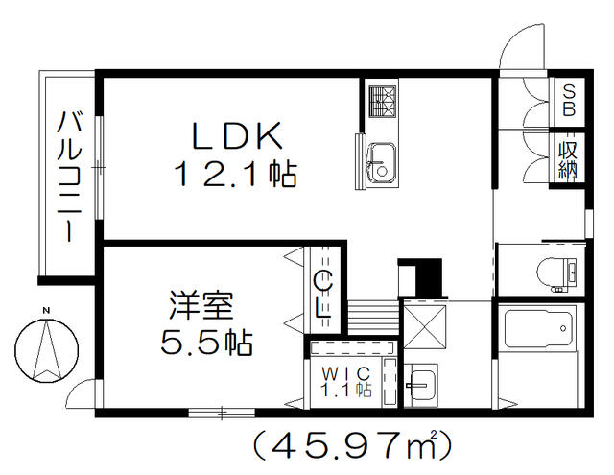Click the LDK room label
(x=237, y=136)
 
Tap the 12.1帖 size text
(x=237, y=174)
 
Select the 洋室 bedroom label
(x=201, y=305)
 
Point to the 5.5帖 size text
(x=206, y=343)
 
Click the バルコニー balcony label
(x=70, y=177)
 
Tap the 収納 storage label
(x=568, y=160)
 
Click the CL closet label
(x=324, y=295)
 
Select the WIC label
(x=345, y=373)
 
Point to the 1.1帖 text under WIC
(x=346, y=390)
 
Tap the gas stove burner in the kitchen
(x=383, y=101)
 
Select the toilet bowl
(x=552, y=272)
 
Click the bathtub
(x=540, y=328)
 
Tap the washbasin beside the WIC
(x=420, y=386)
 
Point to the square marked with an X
(x=424, y=327)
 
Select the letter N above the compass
(x=46, y=311)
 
